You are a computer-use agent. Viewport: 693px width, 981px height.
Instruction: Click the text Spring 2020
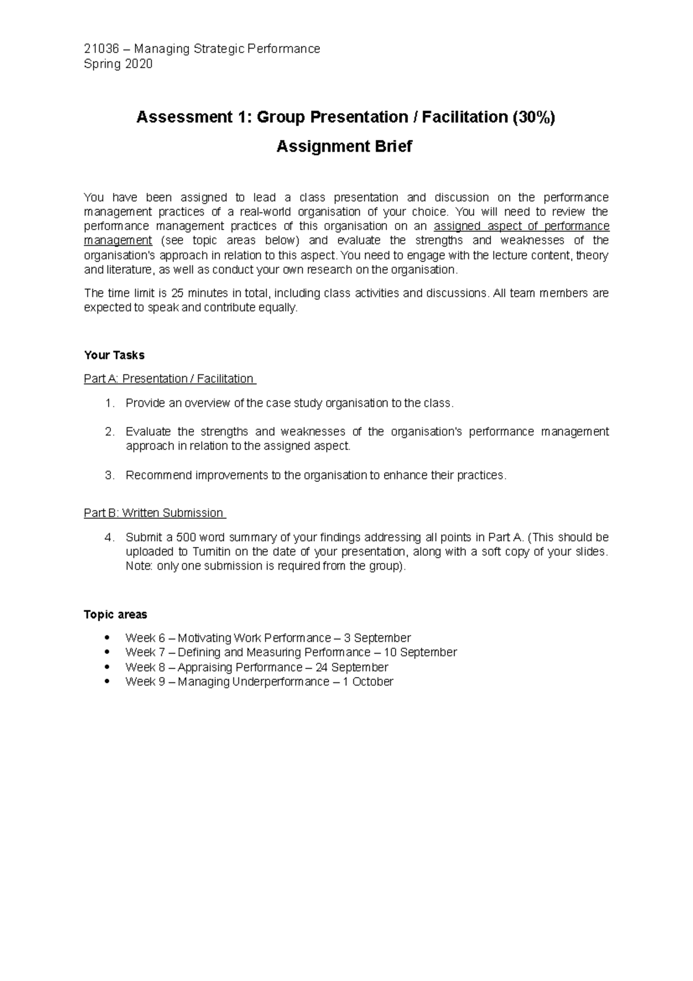coord(118,64)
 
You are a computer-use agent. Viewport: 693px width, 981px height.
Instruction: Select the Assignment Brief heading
coord(344,147)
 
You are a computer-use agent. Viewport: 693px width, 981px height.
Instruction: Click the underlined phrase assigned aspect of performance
coord(521,226)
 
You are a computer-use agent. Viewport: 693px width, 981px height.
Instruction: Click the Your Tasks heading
coord(114,355)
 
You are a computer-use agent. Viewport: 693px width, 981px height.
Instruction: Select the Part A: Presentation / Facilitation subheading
coord(169,379)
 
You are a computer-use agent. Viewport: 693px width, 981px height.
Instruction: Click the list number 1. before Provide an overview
coord(110,403)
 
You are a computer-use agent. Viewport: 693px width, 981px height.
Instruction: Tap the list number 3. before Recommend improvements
coord(110,475)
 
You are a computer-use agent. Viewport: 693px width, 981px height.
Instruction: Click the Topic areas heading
coord(115,615)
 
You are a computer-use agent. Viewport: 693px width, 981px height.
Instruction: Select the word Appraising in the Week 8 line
coord(203,667)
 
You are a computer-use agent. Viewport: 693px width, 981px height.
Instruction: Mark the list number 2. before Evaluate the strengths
coord(110,432)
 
